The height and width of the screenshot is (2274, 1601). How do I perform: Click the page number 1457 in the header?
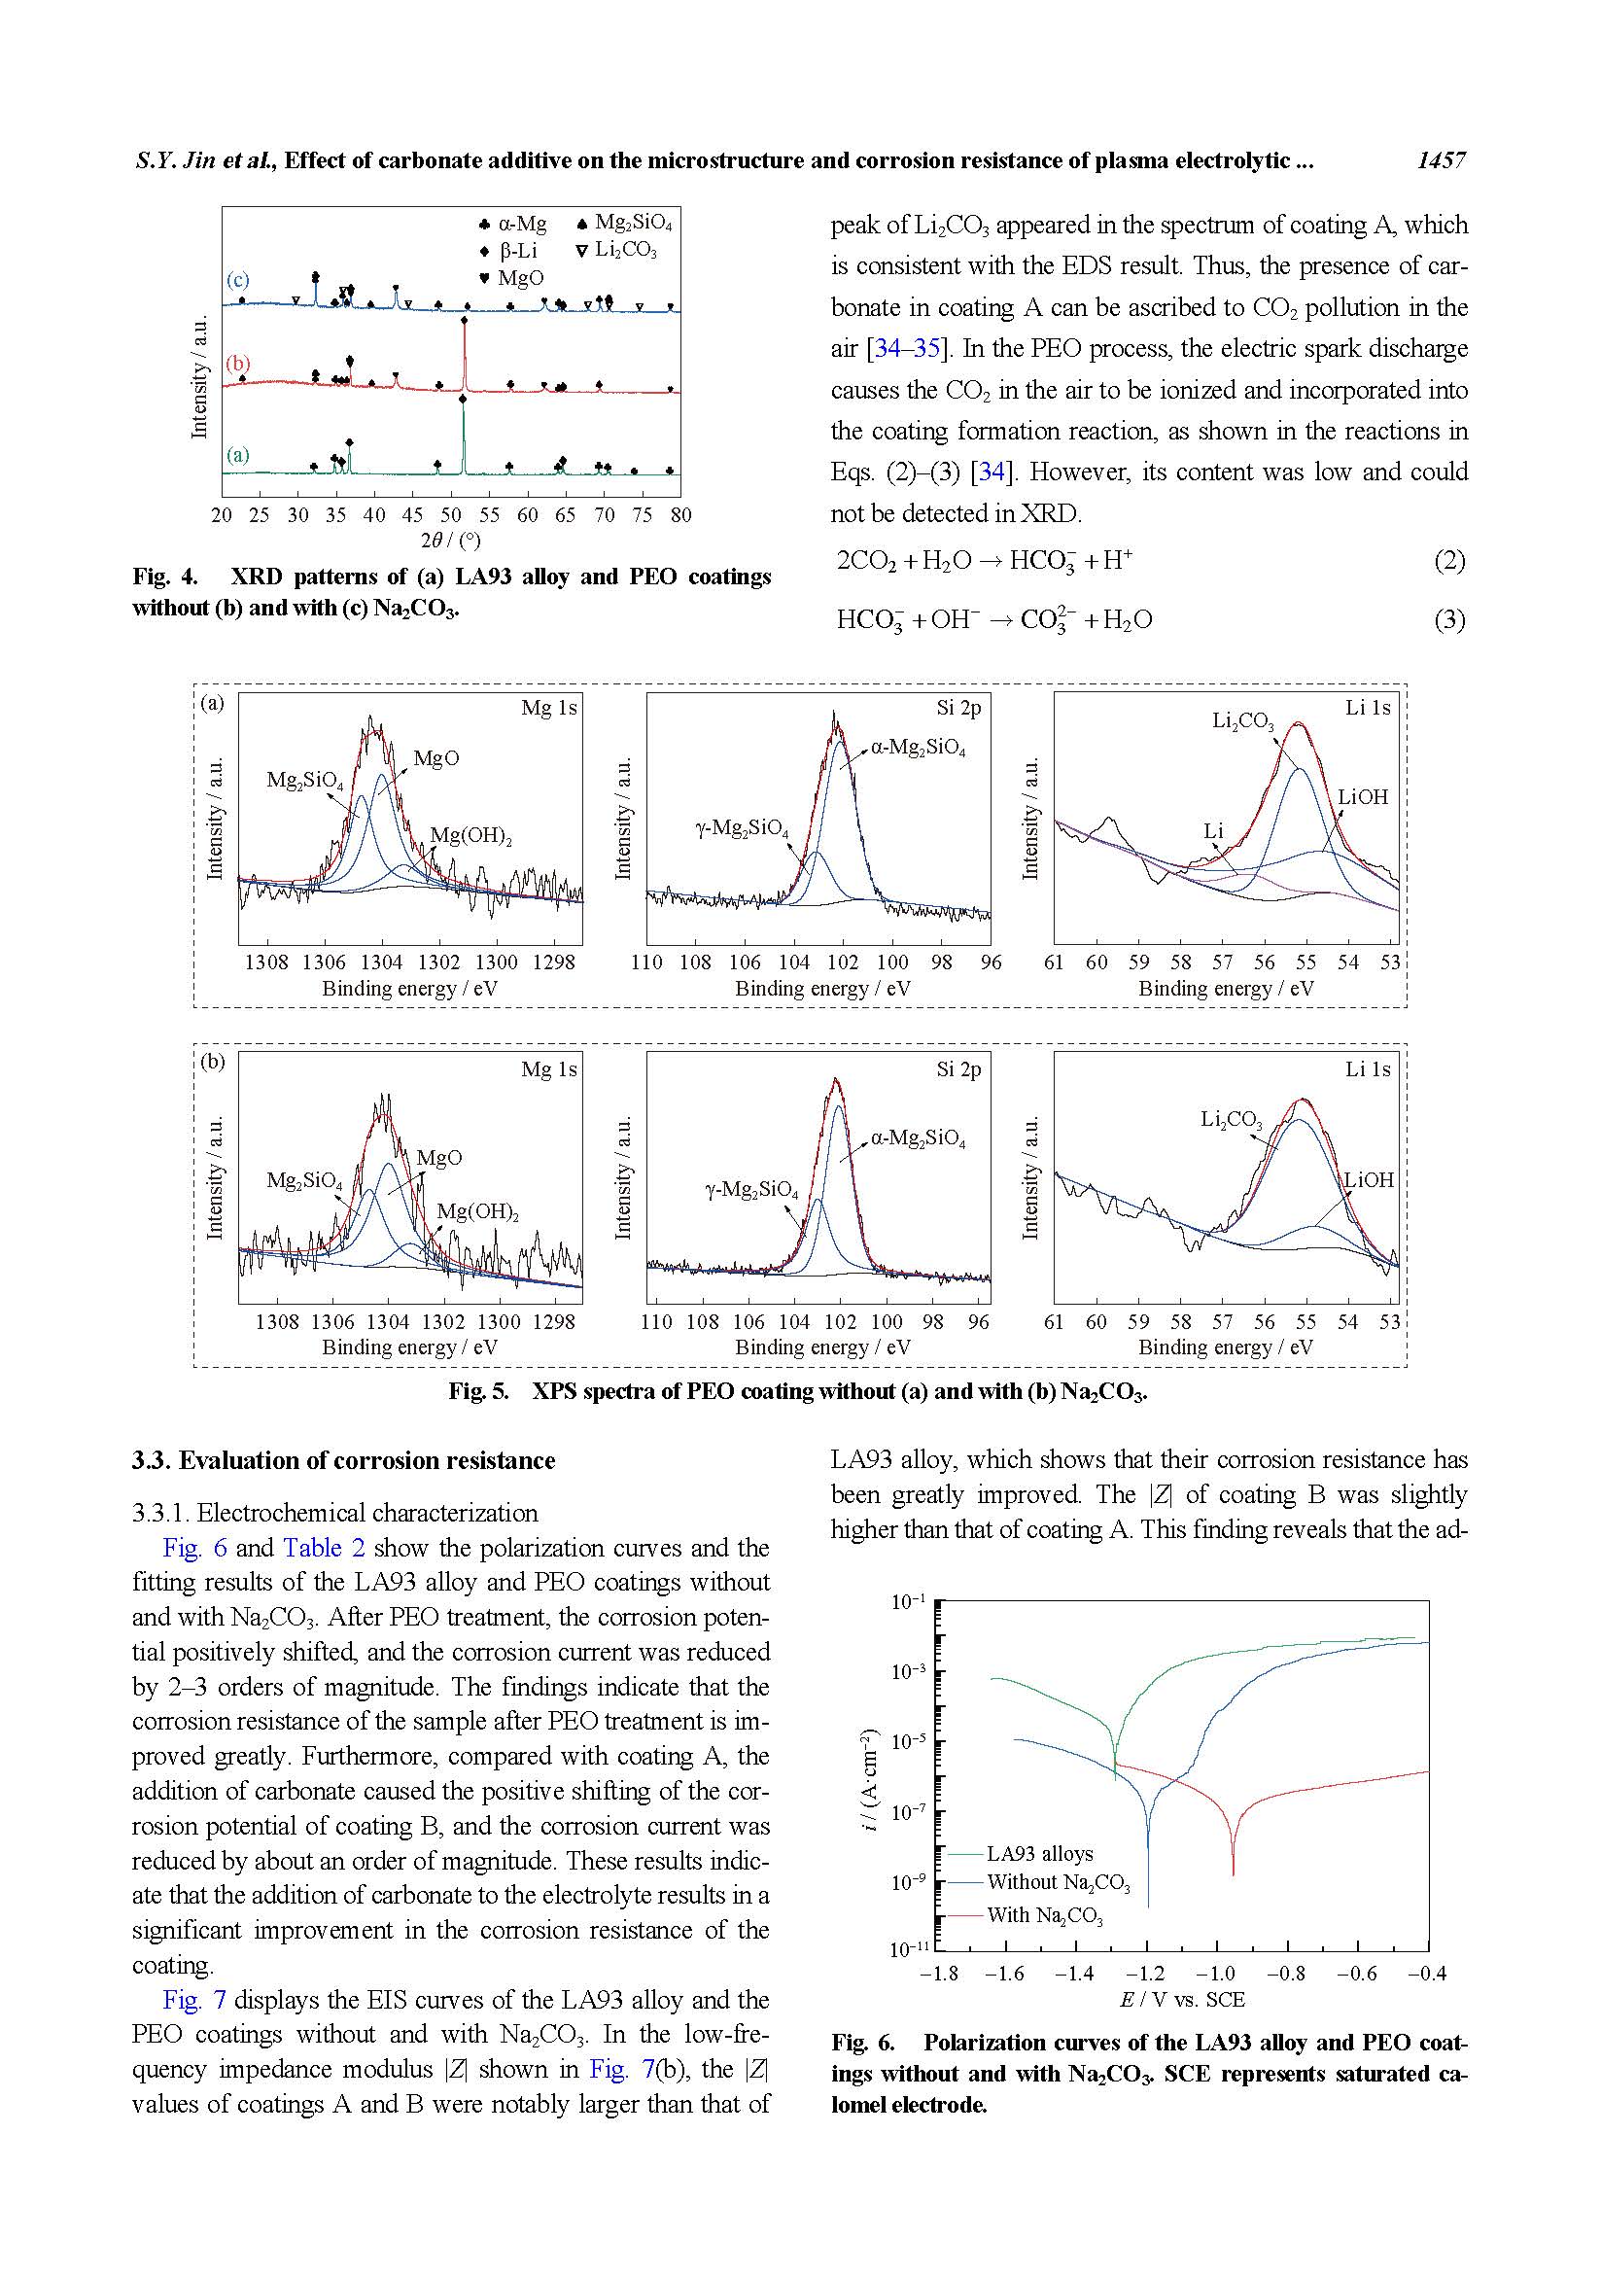click(x=1441, y=160)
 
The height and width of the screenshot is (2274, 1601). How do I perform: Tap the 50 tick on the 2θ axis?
click(x=450, y=515)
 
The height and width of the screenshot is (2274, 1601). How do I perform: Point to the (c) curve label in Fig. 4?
click(x=237, y=279)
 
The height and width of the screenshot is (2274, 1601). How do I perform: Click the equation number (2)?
click(x=1448, y=561)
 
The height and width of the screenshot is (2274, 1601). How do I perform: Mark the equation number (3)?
click(x=1448, y=620)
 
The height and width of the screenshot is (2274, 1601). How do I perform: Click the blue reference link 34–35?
click(x=906, y=349)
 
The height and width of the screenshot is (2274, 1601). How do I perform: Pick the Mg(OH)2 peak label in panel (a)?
click(x=471, y=836)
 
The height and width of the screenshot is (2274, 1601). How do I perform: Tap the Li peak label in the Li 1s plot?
click(x=1214, y=831)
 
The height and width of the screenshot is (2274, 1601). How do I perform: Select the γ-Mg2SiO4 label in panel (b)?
click(x=750, y=1189)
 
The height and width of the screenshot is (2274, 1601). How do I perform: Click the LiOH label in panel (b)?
click(x=1369, y=1180)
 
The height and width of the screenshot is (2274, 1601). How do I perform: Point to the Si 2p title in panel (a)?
click(x=958, y=708)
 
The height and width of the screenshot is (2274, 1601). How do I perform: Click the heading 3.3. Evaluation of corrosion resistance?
click(x=343, y=1461)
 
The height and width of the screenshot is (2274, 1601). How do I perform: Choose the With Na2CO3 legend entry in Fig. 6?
click(x=1044, y=1915)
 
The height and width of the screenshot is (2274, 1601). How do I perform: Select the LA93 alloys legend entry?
click(x=1039, y=1853)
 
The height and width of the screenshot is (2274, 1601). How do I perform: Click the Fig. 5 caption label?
click(x=477, y=1391)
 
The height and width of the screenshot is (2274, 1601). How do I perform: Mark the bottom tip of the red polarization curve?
click(x=1233, y=1873)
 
